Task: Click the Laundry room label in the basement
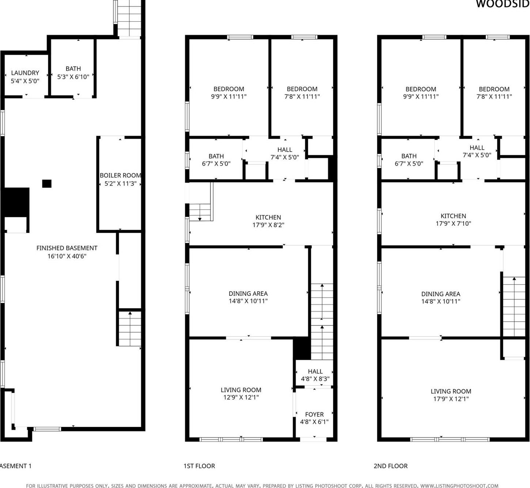[x=25, y=73]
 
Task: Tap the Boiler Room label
[x=120, y=176]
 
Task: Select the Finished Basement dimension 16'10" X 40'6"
[x=67, y=256]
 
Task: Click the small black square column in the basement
[x=47, y=183]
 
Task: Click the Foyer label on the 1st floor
[x=314, y=415]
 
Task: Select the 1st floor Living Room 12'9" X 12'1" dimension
[x=241, y=397]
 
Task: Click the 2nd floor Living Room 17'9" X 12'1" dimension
[x=451, y=399]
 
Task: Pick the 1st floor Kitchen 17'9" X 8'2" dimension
[x=268, y=225]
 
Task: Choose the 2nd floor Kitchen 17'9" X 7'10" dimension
[x=453, y=224]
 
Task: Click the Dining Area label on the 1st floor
[x=248, y=294]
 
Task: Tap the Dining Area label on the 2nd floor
[x=441, y=294]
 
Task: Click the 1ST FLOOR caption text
[x=199, y=466]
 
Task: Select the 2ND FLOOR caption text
[x=390, y=466]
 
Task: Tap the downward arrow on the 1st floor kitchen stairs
[x=200, y=218]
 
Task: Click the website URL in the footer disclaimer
[x=459, y=486]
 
